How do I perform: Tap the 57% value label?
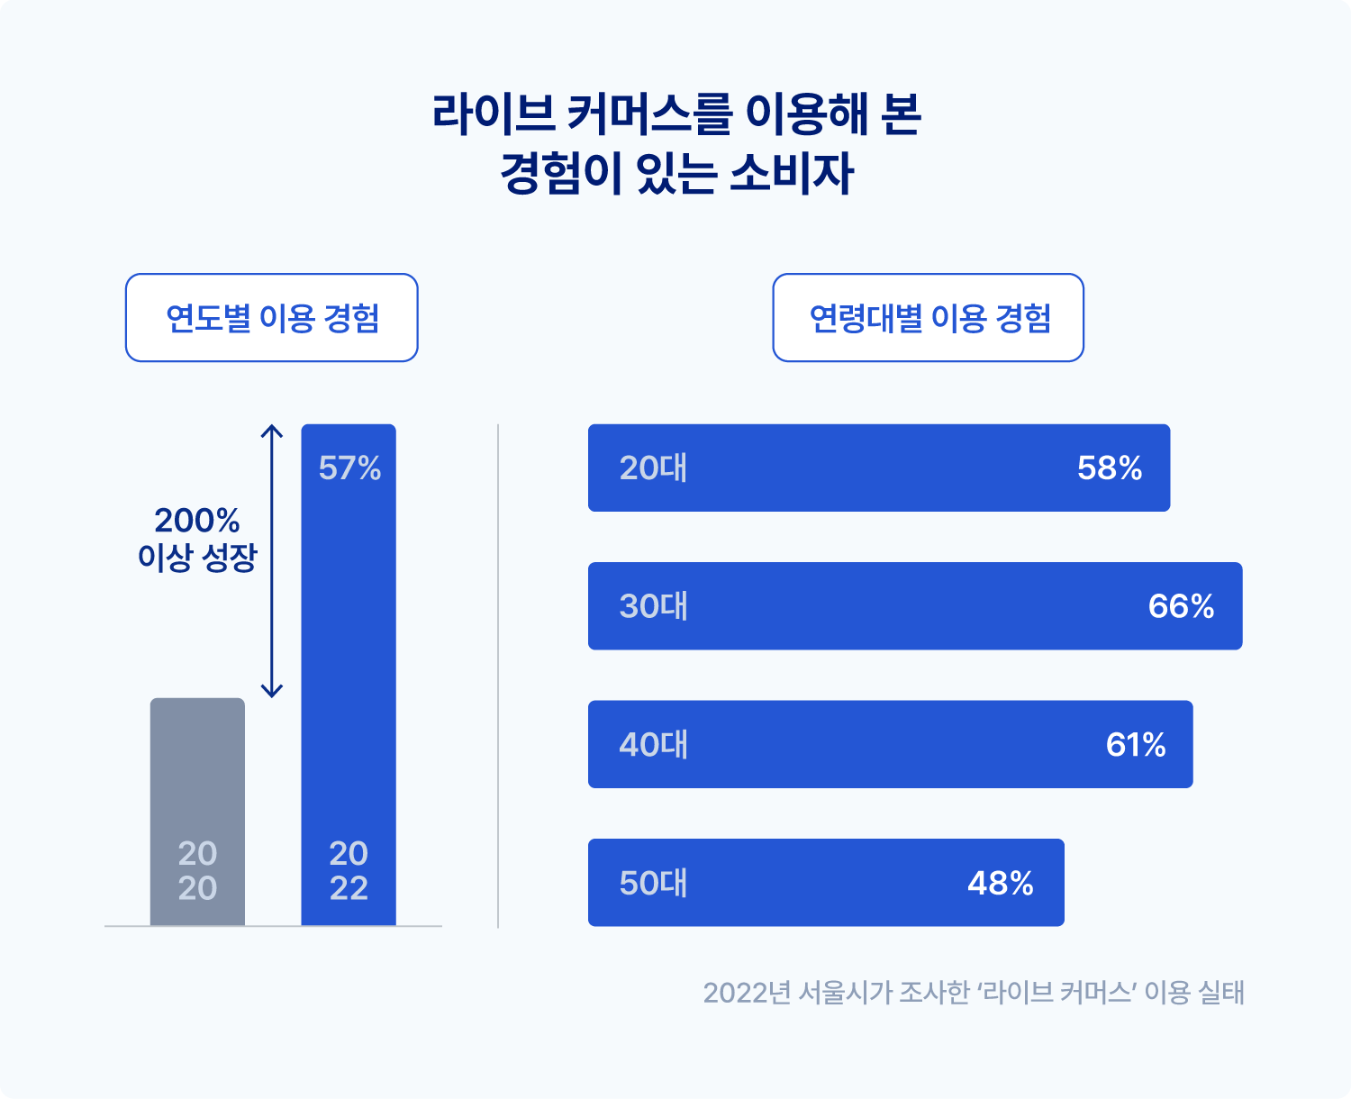point(349,468)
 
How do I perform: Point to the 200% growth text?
point(197,521)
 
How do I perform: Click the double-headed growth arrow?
point(272,560)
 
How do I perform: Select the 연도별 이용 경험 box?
point(271,318)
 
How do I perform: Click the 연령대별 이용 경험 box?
point(928,318)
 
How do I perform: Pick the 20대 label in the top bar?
point(653,468)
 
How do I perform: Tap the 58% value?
point(1110,468)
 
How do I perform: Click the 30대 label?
point(653,606)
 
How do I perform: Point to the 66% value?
point(1181,606)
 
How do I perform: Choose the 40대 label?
point(653,745)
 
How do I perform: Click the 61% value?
point(1136,745)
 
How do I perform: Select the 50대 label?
point(653,883)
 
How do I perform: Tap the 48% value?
point(1000,883)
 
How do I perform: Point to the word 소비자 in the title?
point(791,174)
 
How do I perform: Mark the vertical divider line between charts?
point(498,676)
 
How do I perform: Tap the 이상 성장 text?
point(197,558)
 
